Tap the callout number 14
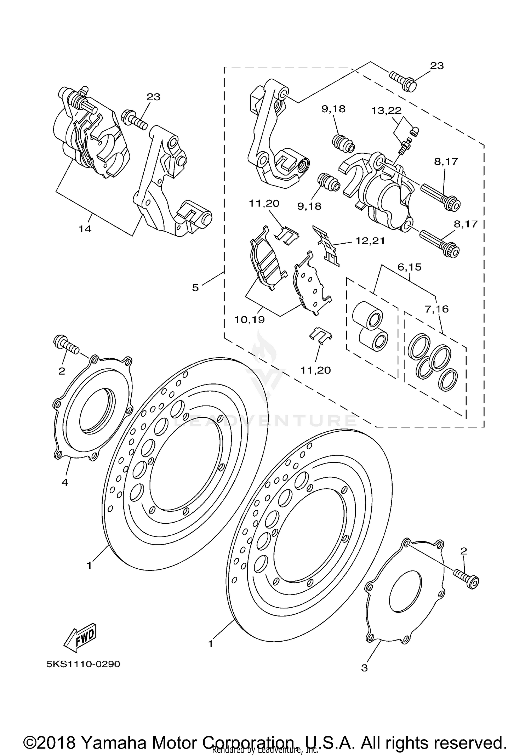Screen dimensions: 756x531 tap(85, 229)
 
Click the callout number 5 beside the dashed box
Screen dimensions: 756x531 tap(195, 288)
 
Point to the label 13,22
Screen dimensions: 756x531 tap(386, 111)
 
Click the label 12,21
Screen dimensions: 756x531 tap(370, 241)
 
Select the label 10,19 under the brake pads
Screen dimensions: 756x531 tap(249, 320)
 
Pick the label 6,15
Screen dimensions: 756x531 tap(409, 267)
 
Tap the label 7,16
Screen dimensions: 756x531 tap(436, 309)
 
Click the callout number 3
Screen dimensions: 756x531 tap(364, 668)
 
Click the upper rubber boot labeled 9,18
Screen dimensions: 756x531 tap(343, 143)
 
